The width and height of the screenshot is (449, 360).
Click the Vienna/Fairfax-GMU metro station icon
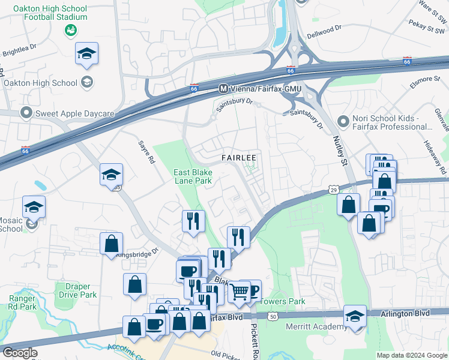tap(223, 88)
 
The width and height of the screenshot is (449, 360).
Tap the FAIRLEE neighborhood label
tap(239, 158)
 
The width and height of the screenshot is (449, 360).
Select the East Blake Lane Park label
tap(193, 176)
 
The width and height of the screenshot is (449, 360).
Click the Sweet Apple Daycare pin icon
tap(26, 113)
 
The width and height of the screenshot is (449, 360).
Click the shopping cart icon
tap(240, 292)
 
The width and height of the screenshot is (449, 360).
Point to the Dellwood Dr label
tap(324, 28)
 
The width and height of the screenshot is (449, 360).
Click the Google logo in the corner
tap(19, 352)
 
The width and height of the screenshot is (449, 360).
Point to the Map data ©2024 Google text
tap(411, 355)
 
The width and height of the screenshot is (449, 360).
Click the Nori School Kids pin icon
tap(343, 122)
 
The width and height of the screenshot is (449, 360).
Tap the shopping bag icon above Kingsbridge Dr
tap(111, 244)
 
